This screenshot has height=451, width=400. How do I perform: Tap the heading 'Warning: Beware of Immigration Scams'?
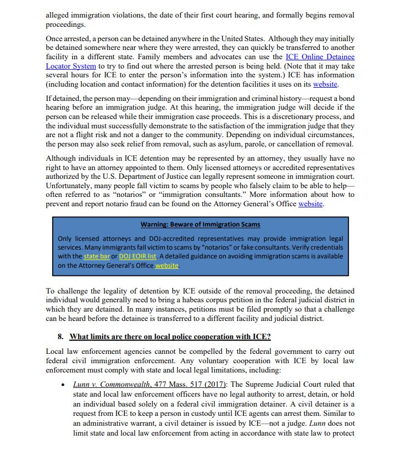[200, 224]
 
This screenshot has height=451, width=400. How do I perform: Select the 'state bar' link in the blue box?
[97, 256]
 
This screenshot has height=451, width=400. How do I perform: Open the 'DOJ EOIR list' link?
[137, 256]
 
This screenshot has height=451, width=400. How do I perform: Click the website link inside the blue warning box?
[167, 266]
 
